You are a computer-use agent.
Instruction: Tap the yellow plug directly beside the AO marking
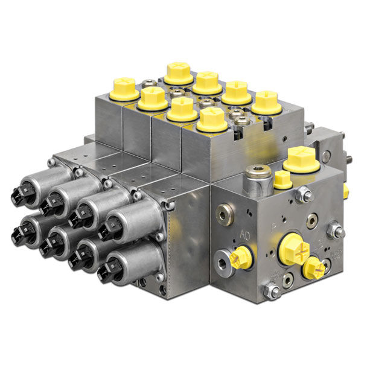[239, 258]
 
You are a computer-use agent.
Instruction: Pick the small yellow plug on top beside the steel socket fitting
[282, 179]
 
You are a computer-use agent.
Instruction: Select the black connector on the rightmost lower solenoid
[106, 267]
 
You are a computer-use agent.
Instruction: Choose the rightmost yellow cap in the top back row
[266, 102]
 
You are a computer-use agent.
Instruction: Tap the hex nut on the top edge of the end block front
[305, 194]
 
